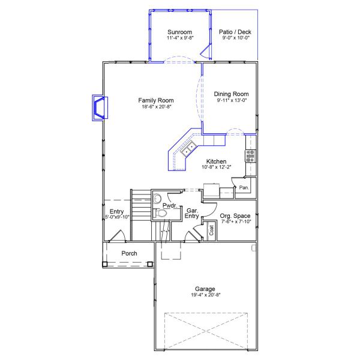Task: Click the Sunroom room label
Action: tap(179, 31)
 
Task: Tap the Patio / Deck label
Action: tap(235, 31)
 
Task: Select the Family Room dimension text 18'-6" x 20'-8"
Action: tap(156, 107)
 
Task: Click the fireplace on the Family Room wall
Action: tap(98, 107)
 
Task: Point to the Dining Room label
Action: tap(231, 94)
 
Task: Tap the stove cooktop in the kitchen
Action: tap(250, 156)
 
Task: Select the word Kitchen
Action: tap(216, 161)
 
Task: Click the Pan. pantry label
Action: tap(244, 188)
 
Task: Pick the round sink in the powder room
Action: tap(158, 199)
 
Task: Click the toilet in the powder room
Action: tap(160, 213)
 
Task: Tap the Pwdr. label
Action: tap(169, 205)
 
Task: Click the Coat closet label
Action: tap(212, 230)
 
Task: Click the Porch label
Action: tap(129, 253)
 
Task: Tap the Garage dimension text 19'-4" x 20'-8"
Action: tap(205, 295)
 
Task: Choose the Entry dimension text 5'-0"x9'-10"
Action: tap(118, 217)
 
